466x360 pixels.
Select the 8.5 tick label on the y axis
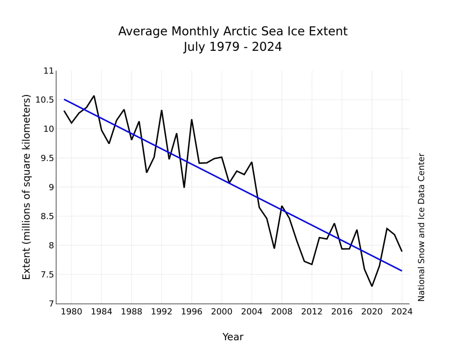tap(46, 216)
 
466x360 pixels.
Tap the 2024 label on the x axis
tap(402, 311)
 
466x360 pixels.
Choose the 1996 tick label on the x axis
tap(191, 311)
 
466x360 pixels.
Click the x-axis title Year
tap(233, 337)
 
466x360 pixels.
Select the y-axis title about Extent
tap(26, 187)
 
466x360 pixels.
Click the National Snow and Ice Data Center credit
tap(421, 227)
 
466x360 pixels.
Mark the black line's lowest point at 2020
tap(372, 286)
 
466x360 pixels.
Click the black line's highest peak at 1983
tap(94, 96)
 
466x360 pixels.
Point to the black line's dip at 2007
tap(274, 248)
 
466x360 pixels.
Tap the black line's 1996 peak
tap(191, 120)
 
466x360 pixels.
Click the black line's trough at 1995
tap(184, 187)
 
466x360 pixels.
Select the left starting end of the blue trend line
tap(64, 99)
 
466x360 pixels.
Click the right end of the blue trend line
tap(402, 271)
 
